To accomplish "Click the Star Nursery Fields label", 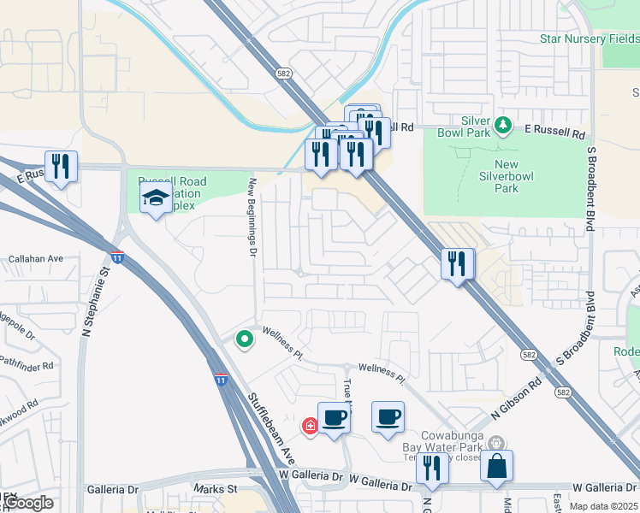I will [589, 38].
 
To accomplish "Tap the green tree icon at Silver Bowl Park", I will [504, 126].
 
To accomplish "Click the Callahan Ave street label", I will [36, 258].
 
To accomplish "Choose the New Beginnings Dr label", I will [252, 216].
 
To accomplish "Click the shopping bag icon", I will [496, 467].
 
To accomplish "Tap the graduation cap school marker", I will [155, 198].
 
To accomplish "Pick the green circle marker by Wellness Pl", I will [245, 339].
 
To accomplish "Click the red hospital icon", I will [308, 426].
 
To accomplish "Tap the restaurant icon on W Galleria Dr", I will [432, 468].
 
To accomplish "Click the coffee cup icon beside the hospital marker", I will [334, 417].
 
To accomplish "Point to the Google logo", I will [27, 503].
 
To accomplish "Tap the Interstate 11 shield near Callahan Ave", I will [117, 256].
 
